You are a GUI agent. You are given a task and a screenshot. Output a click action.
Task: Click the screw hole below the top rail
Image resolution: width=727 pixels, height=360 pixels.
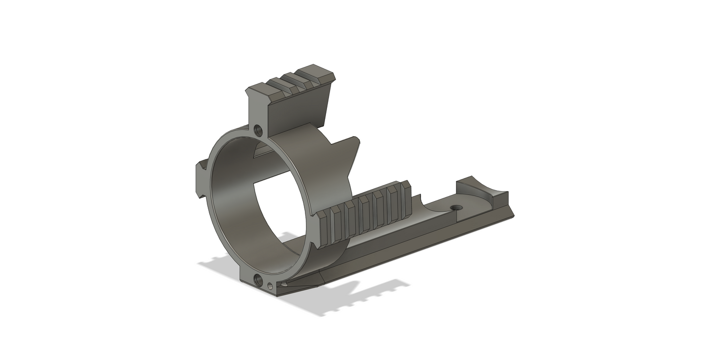pyautogui.click(x=259, y=131)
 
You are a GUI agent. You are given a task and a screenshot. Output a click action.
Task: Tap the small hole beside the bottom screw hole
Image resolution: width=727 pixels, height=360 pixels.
pyautogui.click(x=271, y=286)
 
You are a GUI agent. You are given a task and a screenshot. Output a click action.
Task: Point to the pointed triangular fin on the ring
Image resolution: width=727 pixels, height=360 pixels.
pyautogui.click(x=352, y=153)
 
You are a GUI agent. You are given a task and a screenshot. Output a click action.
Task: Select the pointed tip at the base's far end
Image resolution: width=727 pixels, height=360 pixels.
pyautogui.click(x=512, y=216)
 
